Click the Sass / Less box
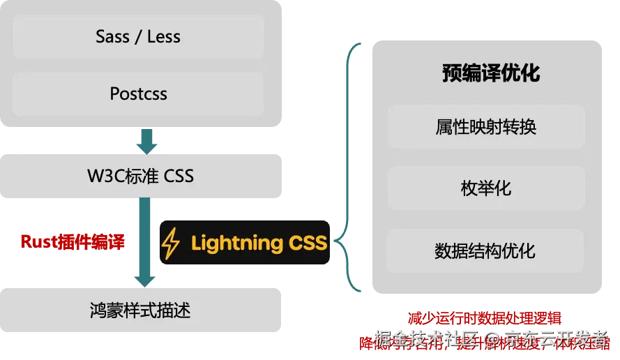coord(138,37)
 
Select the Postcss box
coord(138,94)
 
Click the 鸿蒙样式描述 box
coord(139,309)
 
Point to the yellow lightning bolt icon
coord(170,244)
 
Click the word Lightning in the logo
coord(236,243)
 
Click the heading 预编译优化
coord(490,73)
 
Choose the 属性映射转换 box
coord(485,127)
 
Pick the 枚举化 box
coord(485,188)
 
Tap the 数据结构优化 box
coord(485,250)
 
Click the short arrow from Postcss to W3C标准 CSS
coord(146,140)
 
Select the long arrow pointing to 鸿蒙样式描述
coord(144,241)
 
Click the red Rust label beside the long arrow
coord(73,243)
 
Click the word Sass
coord(113,37)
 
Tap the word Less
coord(164,37)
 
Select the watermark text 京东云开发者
coord(556,339)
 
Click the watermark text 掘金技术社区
coord(425,339)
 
